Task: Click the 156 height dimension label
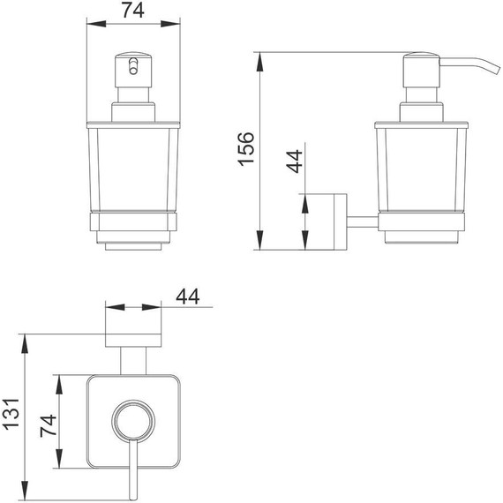[x=246, y=149]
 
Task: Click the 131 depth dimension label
[x=11, y=414]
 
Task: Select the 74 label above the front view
[x=133, y=11]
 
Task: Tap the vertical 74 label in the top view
[x=49, y=426]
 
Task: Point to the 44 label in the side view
[x=294, y=161]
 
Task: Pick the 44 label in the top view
[x=188, y=297]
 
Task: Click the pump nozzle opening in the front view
[x=133, y=66]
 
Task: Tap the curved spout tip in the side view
[x=497, y=71]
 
